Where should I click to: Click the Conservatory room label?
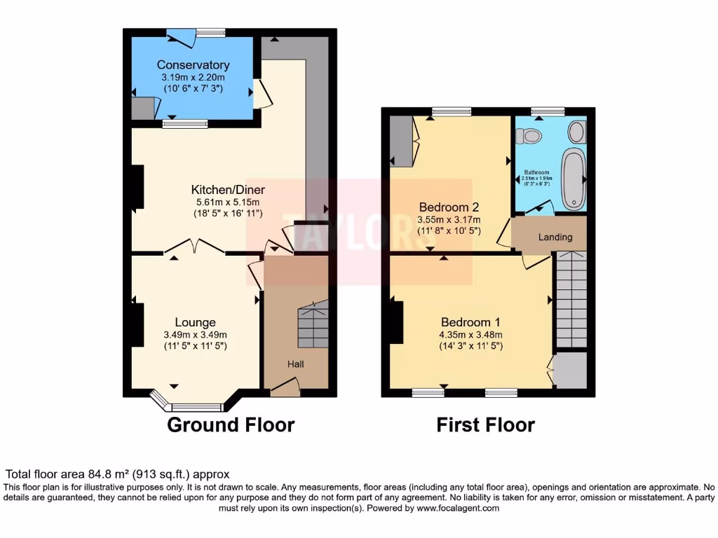193,65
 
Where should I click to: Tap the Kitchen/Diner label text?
228,190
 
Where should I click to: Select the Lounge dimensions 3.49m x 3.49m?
195,335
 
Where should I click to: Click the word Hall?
295,364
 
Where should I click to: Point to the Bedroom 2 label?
449,207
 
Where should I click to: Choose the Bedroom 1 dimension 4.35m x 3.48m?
470,334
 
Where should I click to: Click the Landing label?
555,237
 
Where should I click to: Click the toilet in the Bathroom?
530,134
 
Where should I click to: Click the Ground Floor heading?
230,425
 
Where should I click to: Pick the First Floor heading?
485,425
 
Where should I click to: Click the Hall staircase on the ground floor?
312,324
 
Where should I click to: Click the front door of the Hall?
285,386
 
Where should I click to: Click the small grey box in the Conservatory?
142,108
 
